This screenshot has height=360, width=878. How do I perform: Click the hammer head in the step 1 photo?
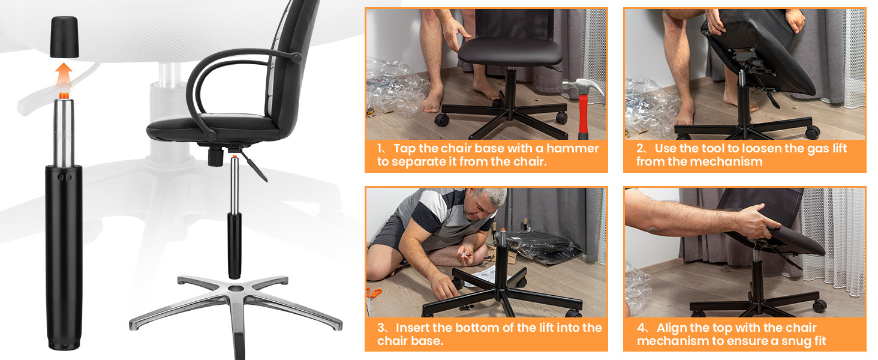tap(584, 90)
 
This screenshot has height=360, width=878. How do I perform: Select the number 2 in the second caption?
tap(641, 148)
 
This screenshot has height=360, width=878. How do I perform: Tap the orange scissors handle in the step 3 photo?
tap(373, 293)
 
